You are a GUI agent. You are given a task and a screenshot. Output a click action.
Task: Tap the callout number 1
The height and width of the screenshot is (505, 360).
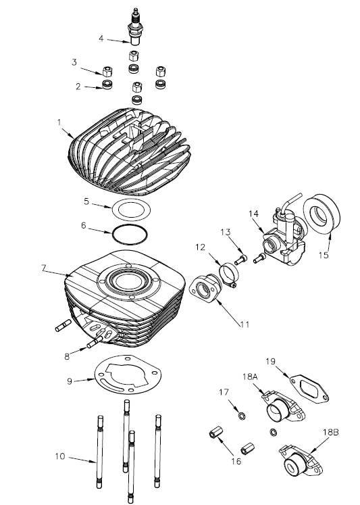tap(59, 122)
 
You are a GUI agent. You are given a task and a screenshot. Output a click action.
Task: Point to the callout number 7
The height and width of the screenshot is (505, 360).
tap(43, 268)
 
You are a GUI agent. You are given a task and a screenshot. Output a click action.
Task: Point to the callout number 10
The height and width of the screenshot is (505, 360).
tap(59, 456)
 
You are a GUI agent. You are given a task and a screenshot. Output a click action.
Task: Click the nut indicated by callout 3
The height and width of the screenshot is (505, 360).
tap(106, 71)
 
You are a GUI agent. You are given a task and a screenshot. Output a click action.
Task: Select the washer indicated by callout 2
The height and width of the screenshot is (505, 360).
tap(106, 85)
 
